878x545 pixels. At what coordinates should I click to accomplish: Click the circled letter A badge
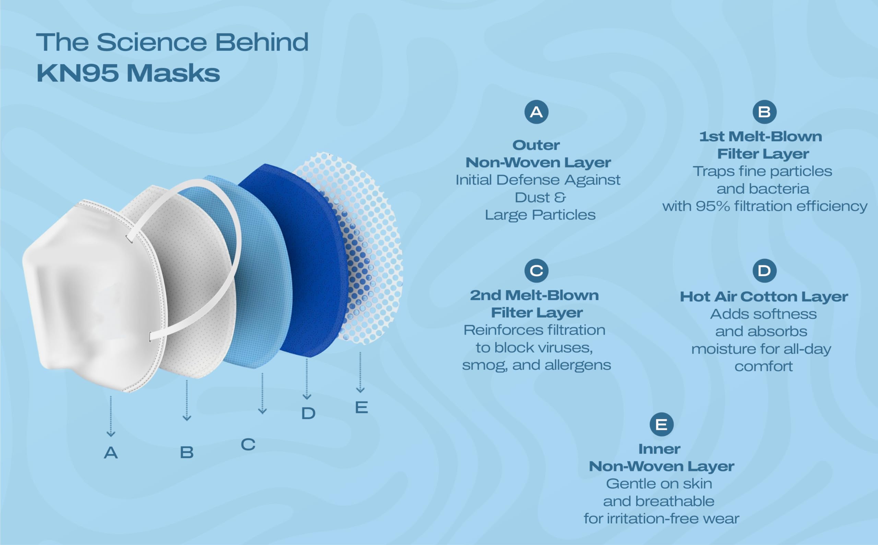click(536, 112)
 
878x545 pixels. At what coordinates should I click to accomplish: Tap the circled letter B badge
click(764, 112)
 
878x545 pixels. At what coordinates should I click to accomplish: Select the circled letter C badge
click(536, 271)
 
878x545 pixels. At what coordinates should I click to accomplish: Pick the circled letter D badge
click(764, 271)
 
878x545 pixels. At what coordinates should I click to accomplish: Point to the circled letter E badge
click(661, 425)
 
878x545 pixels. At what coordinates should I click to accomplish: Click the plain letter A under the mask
click(111, 453)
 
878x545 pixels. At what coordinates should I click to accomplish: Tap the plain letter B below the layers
click(187, 452)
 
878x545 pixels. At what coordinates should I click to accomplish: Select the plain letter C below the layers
click(248, 445)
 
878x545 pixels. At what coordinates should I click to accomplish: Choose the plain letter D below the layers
click(308, 413)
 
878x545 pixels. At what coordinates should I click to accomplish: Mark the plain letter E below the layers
click(361, 408)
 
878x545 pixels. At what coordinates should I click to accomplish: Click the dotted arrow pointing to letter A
click(111, 416)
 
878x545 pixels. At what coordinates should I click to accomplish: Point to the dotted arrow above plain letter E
click(360, 372)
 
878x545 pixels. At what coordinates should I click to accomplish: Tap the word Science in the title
click(152, 42)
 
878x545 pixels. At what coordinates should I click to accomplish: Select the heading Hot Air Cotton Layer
click(764, 297)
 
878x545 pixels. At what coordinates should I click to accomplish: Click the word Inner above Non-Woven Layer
click(660, 449)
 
